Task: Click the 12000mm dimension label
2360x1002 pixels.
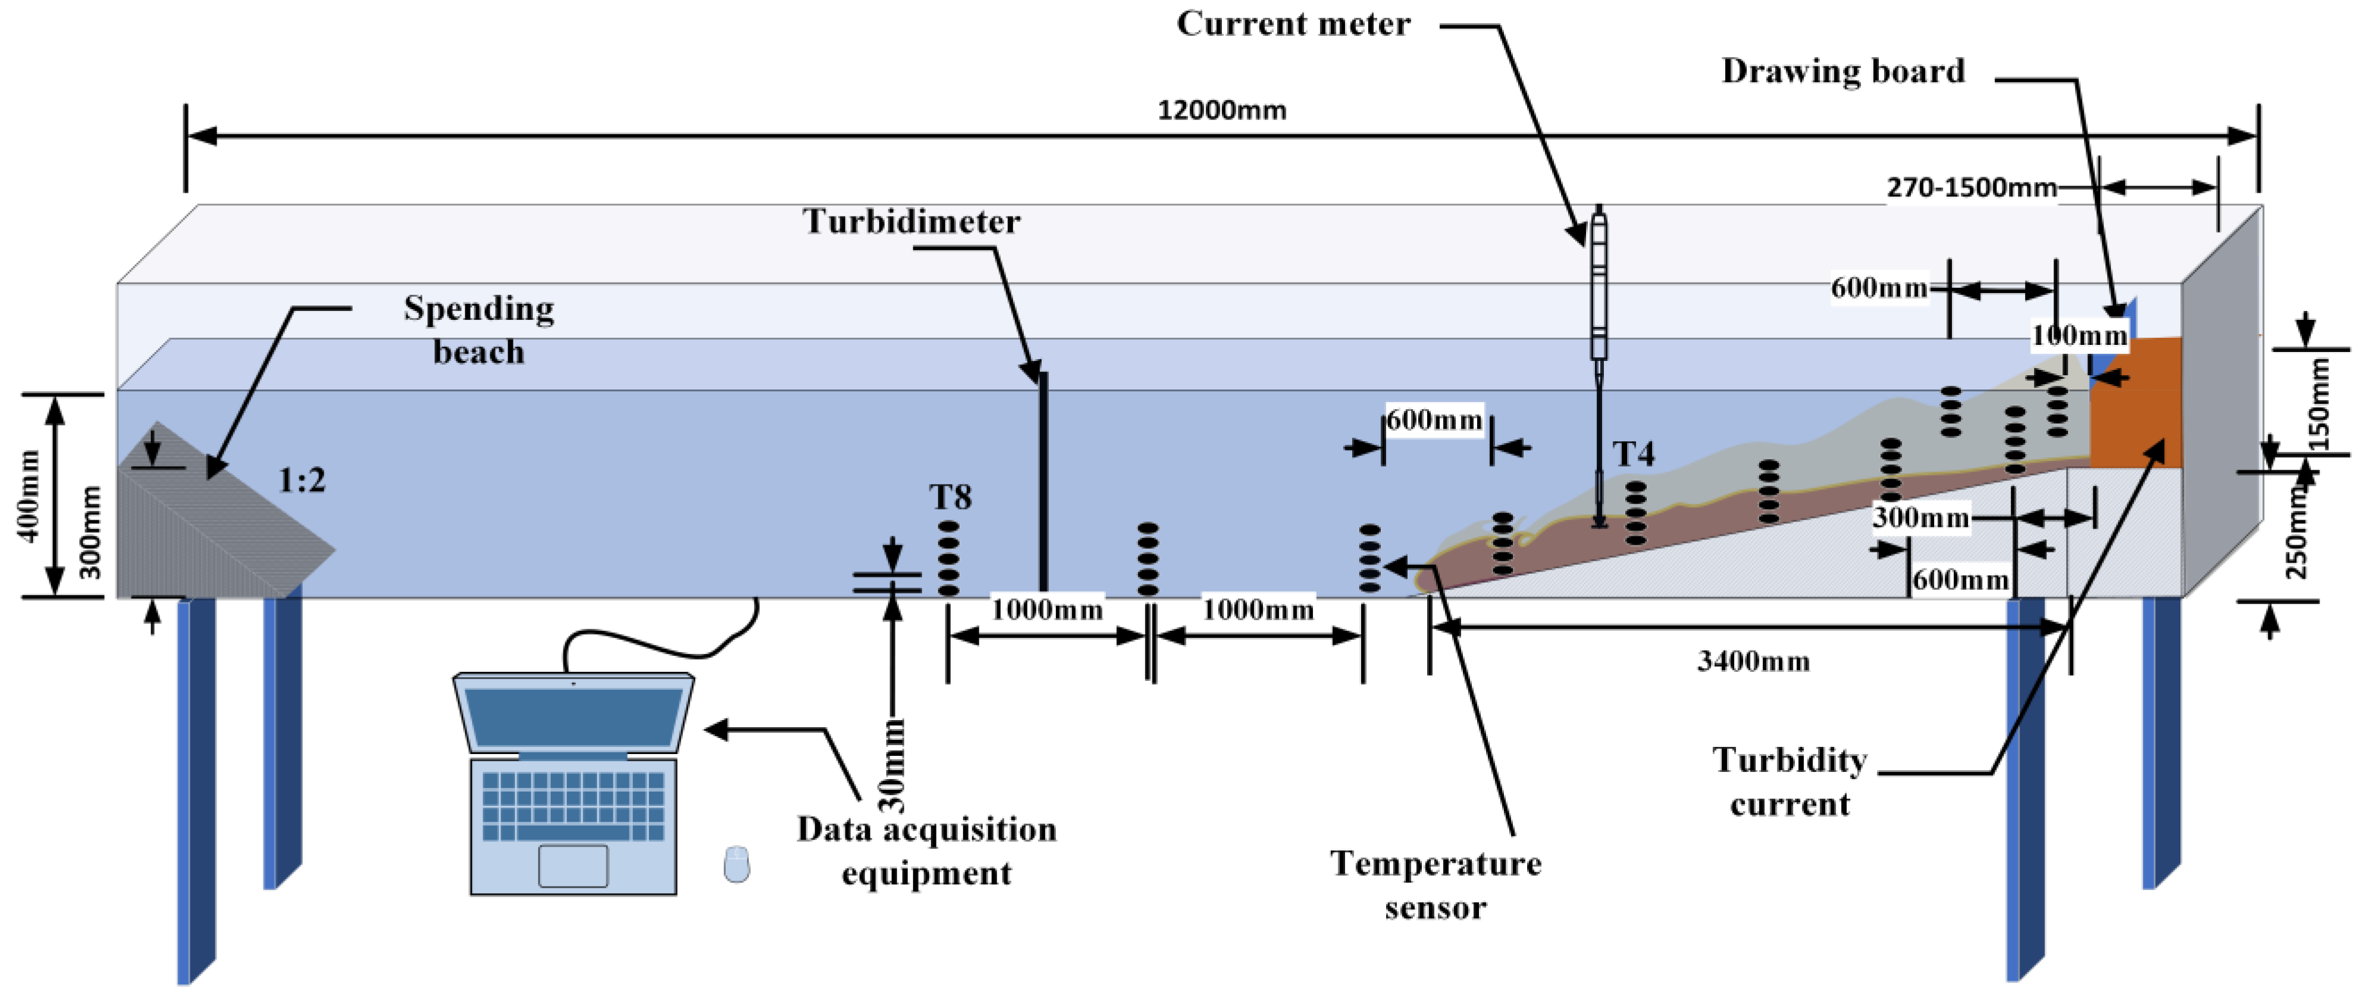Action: [x=1221, y=111]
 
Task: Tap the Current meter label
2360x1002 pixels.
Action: [x=1293, y=24]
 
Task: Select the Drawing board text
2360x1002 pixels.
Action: [x=1842, y=71]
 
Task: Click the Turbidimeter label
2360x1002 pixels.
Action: [x=911, y=222]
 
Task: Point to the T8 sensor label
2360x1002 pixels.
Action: [x=950, y=497]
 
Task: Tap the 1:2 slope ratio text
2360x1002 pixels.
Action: [x=302, y=480]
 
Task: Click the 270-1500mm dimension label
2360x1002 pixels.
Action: [x=1971, y=188]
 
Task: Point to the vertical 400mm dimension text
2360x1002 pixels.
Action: [x=29, y=495]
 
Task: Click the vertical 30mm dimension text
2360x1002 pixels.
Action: [x=891, y=765]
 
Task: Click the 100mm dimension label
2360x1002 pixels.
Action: [x=2079, y=335]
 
